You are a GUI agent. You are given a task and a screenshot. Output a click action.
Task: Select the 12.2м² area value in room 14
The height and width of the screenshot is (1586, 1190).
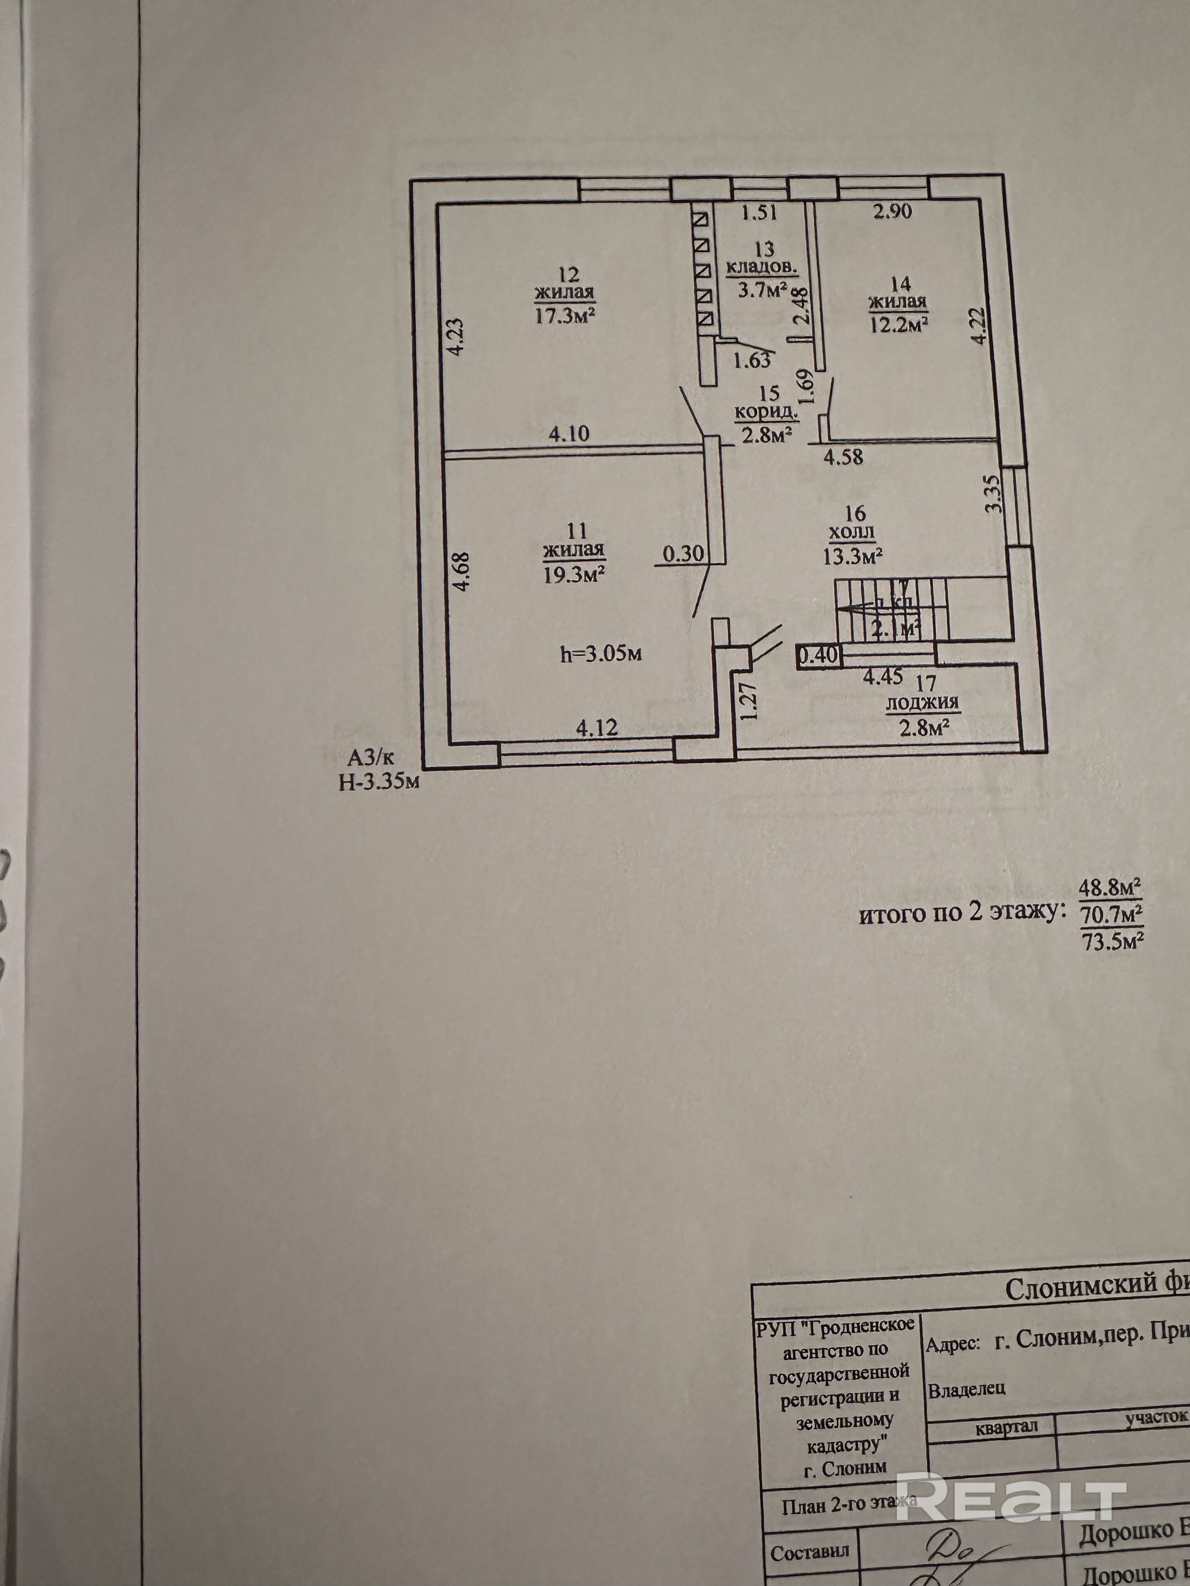[x=899, y=324]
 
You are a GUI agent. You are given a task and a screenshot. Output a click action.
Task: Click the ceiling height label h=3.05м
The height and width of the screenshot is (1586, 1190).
[x=601, y=653]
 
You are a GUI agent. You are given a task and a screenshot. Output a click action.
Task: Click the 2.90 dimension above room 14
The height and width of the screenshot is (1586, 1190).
[x=893, y=212]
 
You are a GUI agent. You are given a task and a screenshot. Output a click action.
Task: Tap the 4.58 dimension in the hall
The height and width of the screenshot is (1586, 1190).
[x=843, y=457]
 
